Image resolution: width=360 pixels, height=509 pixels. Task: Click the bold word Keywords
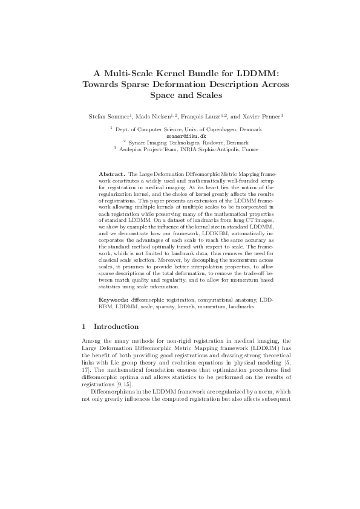coord(113,300)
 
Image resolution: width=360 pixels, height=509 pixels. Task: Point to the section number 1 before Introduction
coord(83,327)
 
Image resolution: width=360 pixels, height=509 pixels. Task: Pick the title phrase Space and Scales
coord(180,95)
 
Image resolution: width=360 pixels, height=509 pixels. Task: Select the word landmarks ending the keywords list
coord(241,306)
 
